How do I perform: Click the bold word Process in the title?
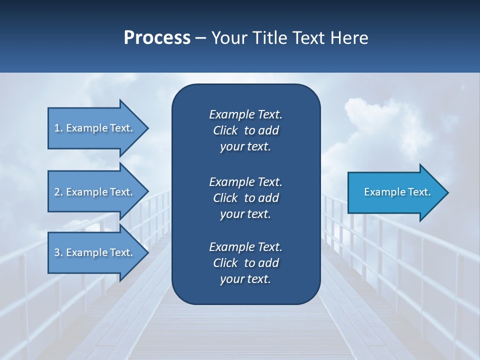tap(157, 38)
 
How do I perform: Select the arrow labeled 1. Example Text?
tap(95, 128)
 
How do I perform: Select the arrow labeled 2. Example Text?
tap(95, 192)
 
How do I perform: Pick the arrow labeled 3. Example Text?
tap(95, 252)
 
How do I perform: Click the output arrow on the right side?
tap(395, 192)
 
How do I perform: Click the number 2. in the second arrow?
tap(58, 192)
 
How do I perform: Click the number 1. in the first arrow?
tap(58, 128)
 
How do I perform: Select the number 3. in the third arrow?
tap(58, 252)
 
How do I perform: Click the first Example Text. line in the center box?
tap(245, 114)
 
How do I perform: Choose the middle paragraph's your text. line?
tap(245, 214)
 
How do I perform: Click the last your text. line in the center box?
tap(245, 279)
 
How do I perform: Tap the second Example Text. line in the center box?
tap(245, 181)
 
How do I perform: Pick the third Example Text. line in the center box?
tap(245, 246)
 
